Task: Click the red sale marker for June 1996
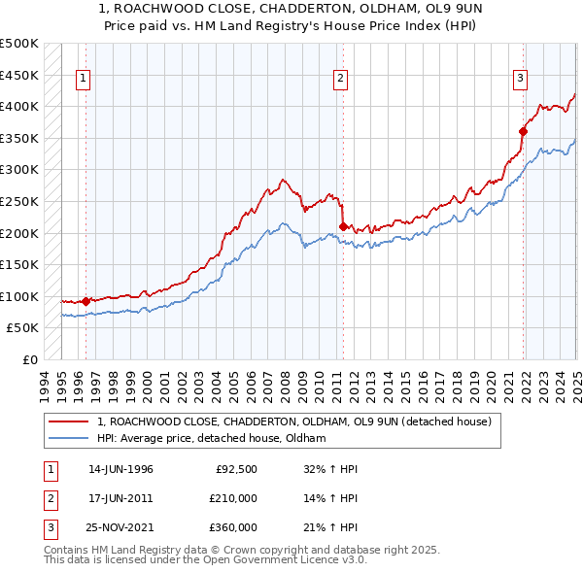click(x=86, y=301)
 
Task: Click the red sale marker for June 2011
click(x=343, y=226)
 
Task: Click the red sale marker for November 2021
click(x=523, y=131)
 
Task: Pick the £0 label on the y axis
click(x=30, y=359)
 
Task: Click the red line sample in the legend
click(x=68, y=422)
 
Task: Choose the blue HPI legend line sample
click(x=68, y=439)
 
